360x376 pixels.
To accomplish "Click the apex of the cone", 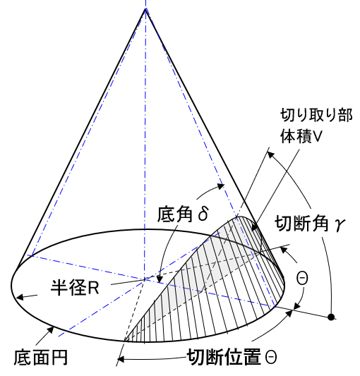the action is click(145, 8).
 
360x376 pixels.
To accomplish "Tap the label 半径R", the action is click(75, 288).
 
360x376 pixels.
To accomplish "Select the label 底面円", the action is click(41, 357).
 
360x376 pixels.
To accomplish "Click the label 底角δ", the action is click(183, 214).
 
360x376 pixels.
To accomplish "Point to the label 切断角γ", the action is click(310, 224).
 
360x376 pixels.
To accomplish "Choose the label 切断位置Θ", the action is click(232, 357).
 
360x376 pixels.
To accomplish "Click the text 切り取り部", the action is click(316, 116).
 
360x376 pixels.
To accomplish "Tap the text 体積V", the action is click(301, 136).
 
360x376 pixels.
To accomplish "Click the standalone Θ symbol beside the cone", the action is click(302, 278).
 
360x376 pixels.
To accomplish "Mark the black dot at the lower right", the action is click(331, 317).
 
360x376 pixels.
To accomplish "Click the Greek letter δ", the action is click(203, 214).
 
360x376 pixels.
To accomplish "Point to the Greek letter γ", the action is click(340, 225).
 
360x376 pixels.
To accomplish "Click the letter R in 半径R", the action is click(94, 288).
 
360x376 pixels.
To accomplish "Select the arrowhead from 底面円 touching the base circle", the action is click(51, 329).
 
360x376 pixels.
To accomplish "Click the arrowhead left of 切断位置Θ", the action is click(121, 359).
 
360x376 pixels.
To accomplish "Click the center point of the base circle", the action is click(144, 279).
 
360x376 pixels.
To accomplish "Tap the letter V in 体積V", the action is click(316, 137).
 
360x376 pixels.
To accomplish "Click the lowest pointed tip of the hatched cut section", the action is click(124, 341).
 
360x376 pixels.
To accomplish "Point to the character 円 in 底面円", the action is click(60, 358).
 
